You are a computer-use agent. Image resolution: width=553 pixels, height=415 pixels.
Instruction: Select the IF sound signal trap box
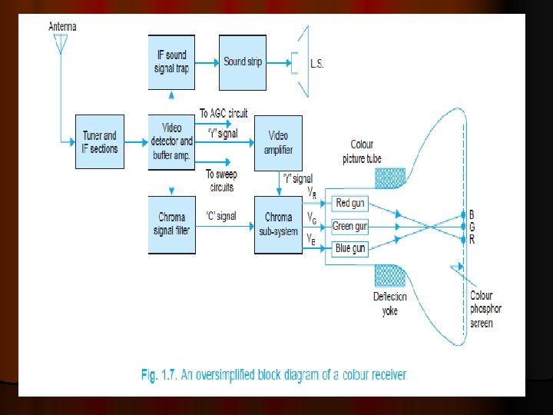pos(171,61)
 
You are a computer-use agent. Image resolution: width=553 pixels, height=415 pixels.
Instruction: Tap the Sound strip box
pos(243,61)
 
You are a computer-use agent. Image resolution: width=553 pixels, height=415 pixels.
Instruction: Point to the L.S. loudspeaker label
pos(316,64)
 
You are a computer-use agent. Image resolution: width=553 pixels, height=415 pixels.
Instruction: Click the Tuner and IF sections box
pos(100,142)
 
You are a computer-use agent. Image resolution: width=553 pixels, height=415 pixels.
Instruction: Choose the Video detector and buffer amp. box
pos(171,141)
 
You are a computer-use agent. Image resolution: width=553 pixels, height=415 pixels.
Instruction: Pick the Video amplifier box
pos(278,142)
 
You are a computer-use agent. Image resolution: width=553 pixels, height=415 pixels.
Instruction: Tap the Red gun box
pos(351,203)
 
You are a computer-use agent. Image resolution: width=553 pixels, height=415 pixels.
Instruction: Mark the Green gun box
pos(350,226)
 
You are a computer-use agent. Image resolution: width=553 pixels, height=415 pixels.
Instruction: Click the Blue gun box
pos(350,248)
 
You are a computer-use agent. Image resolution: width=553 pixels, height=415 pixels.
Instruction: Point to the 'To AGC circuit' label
pos(224,114)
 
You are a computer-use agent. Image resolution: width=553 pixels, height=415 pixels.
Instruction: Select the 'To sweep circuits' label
pos(220,181)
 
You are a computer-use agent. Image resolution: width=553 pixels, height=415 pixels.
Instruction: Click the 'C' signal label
pos(220,217)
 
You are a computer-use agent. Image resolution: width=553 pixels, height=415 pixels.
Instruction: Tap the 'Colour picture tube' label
pos(362,151)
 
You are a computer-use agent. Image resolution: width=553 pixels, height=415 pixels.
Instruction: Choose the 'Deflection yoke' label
pos(390,304)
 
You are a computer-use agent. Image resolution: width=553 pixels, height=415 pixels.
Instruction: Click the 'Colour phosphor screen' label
pos(485,309)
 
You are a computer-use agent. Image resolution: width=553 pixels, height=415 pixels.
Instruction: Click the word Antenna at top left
pos(62,26)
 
